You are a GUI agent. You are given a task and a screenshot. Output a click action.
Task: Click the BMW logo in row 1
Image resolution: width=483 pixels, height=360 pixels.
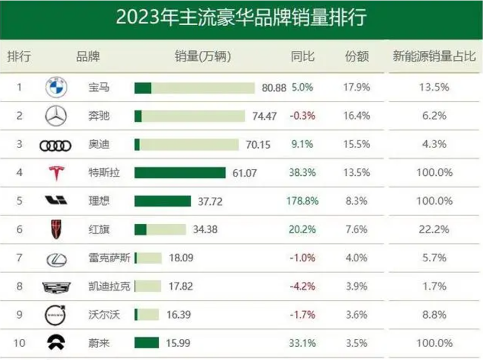tap(56, 87)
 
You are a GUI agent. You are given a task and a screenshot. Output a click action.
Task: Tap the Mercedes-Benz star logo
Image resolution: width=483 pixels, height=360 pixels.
tap(56, 116)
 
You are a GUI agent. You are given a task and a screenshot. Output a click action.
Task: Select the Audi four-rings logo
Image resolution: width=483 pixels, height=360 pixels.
tap(56, 145)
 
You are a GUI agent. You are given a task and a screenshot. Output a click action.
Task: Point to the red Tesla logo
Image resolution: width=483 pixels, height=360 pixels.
tap(56, 173)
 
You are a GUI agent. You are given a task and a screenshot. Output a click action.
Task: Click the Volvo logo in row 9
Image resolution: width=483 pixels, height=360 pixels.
tap(56, 315)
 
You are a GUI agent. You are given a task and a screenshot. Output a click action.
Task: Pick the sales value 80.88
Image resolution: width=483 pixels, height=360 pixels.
tap(274, 88)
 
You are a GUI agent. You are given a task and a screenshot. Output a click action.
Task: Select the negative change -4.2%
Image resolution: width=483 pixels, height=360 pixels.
tap(303, 286)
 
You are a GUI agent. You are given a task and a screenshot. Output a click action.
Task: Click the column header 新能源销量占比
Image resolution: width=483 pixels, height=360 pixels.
tap(434, 56)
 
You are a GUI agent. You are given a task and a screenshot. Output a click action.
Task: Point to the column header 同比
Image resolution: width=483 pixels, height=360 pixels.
tap(303, 56)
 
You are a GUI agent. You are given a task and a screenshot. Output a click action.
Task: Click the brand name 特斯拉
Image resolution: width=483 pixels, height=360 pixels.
tap(104, 173)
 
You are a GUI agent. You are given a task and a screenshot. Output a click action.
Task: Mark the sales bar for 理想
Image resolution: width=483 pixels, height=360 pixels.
tap(162, 201)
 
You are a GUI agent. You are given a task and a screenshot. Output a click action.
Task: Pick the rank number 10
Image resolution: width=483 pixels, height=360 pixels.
tap(19, 343)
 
